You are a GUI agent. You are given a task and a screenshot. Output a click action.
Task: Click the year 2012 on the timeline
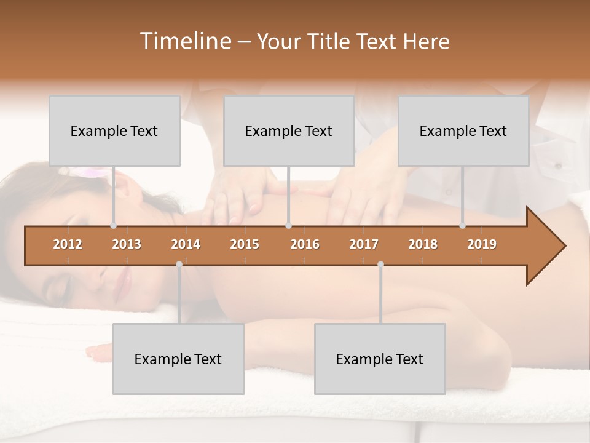tap(68, 244)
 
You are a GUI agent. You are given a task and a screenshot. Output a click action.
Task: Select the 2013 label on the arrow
tap(127, 244)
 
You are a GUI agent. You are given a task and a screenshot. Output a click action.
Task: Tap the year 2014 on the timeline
tap(186, 244)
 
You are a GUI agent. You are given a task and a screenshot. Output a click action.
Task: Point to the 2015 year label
tap(245, 244)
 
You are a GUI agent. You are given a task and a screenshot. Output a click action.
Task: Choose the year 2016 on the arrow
tap(305, 244)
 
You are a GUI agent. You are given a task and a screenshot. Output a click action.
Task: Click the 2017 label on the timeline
tap(364, 244)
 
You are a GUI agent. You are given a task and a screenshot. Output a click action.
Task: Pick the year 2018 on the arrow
tap(423, 244)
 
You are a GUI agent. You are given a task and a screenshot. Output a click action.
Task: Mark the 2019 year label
tap(482, 244)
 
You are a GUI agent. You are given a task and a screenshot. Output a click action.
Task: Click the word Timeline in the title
tap(184, 41)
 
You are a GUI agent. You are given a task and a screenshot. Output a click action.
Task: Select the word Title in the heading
tap(329, 42)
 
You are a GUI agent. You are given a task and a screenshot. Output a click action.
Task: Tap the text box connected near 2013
tap(114, 130)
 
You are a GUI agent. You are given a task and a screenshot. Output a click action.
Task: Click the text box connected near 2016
tap(289, 130)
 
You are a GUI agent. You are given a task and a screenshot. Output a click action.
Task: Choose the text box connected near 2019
tap(463, 130)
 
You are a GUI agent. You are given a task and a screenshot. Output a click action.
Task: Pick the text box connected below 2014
tap(178, 359)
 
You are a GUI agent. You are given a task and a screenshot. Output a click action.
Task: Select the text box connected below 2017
tap(380, 359)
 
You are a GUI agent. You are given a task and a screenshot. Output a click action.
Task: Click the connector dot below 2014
tap(179, 264)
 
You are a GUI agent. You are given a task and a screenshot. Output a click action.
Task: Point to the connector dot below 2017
tap(380, 264)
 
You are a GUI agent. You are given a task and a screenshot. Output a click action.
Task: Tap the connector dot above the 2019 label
tap(463, 226)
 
